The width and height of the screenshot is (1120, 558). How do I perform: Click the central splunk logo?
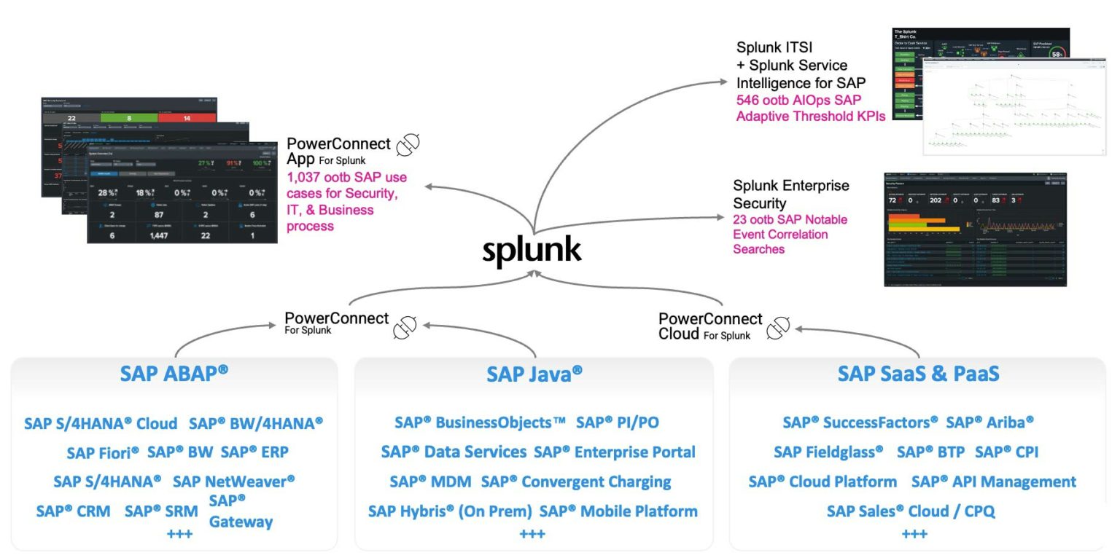click(532, 249)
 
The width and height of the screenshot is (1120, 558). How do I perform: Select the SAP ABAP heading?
click(174, 373)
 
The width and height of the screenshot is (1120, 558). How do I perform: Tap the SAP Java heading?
click(534, 374)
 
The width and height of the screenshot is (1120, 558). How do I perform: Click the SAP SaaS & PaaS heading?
click(918, 374)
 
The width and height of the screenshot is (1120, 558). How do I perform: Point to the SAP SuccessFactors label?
click(860, 423)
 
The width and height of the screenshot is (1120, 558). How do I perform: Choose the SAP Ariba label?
click(989, 423)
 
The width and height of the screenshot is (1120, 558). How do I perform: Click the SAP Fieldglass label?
click(828, 452)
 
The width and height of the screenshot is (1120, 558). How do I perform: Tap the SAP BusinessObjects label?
click(480, 423)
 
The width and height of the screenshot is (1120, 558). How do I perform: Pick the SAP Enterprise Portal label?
click(614, 452)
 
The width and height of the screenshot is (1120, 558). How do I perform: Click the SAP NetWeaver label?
click(234, 482)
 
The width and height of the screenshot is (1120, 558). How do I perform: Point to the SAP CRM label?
click(73, 511)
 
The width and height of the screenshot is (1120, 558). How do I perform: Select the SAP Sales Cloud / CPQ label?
click(910, 511)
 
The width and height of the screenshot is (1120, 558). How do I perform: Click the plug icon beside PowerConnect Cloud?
click(778, 328)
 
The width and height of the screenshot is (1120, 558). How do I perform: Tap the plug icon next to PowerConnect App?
click(407, 146)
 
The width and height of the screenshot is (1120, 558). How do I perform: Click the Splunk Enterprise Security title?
click(790, 194)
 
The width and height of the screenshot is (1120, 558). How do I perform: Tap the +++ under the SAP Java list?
click(532, 535)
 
